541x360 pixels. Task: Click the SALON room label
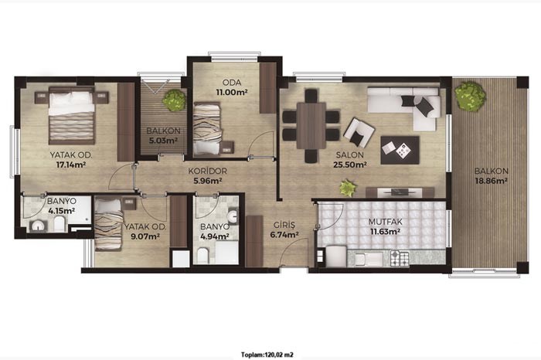pyautogui.click(x=349, y=155)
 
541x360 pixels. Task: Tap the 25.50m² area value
pyautogui.click(x=349, y=165)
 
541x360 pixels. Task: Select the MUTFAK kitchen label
pyautogui.click(x=386, y=222)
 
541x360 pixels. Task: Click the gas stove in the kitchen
pyautogui.click(x=400, y=258)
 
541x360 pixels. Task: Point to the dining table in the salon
pyautogui.click(x=311, y=125)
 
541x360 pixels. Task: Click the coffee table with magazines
pyautogui.click(x=400, y=150)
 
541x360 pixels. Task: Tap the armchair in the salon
pyautogui.click(x=359, y=132)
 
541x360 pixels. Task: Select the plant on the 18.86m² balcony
pyautogui.click(x=470, y=97)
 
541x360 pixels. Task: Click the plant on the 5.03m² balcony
pyautogui.click(x=174, y=100)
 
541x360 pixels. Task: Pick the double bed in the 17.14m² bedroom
pyautogui.click(x=72, y=116)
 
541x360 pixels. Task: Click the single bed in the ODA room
pyautogui.click(x=207, y=128)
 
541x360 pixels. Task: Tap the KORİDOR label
pyautogui.click(x=208, y=171)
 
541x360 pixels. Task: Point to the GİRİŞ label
pyautogui.click(x=284, y=225)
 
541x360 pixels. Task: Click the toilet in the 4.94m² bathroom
pyautogui.click(x=202, y=256)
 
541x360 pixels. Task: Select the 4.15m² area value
pyautogui.click(x=62, y=211)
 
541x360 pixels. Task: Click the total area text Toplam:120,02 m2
pyautogui.click(x=267, y=355)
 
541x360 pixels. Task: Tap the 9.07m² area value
pyautogui.click(x=145, y=236)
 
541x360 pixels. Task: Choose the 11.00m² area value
pyautogui.click(x=232, y=92)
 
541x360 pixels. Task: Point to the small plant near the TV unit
pyautogui.click(x=348, y=188)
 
